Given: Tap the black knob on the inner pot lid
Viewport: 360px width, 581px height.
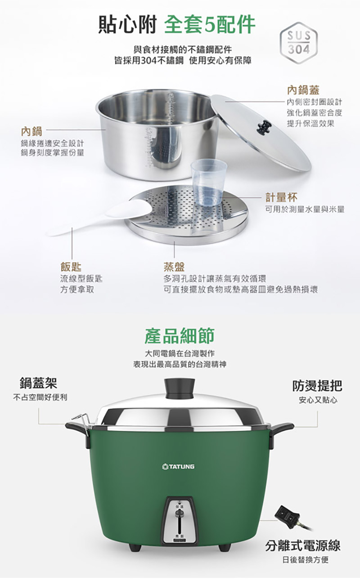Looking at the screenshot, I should click(x=263, y=127).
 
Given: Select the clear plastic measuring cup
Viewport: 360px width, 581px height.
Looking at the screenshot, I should click(x=208, y=179).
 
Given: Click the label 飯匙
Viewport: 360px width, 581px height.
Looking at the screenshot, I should click(x=71, y=266).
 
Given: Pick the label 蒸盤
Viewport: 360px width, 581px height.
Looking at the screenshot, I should click(x=175, y=266).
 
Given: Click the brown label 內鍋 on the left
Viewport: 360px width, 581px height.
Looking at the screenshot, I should click(x=31, y=132).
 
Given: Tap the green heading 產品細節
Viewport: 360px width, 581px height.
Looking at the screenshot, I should click(x=180, y=335).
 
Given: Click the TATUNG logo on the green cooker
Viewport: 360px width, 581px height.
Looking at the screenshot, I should click(x=179, y=467).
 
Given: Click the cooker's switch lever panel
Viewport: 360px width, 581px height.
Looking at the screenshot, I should click(x=180, y=517).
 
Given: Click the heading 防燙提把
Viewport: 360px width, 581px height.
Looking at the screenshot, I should click(x=317, y=385).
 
